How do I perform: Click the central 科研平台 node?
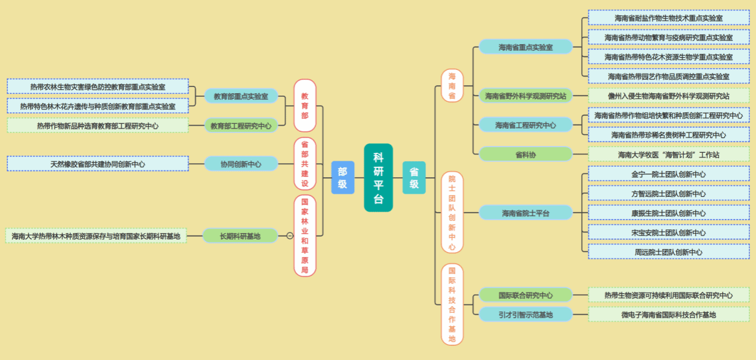tap(378, 178)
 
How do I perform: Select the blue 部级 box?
tap(342, 178)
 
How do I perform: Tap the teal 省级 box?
tap(414, 178)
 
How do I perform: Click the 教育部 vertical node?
tap(304, 105)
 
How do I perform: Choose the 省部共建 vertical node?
tap(304, 164)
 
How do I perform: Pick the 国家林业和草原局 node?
tap(304, 236)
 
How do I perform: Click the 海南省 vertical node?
tap(452, 86)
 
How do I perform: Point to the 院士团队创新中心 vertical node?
tap(452, 212)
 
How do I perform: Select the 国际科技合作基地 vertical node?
tap(452, 305)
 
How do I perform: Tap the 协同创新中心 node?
tap(241, 164)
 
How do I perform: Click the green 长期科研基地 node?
tap(240, 236)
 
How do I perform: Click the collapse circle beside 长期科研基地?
tap(290, 236)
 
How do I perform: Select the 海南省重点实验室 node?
tap(525, 47)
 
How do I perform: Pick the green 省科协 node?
tap(525, 155)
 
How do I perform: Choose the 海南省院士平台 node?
tap(525, 213)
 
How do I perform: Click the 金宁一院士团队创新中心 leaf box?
tap(668, 174)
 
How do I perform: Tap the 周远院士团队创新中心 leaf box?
tap(668, 251)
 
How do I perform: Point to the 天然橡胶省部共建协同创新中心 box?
tap(98, 164)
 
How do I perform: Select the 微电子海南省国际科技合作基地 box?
tap(668, 315)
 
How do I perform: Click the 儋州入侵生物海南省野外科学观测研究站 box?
tap(668, 96)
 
